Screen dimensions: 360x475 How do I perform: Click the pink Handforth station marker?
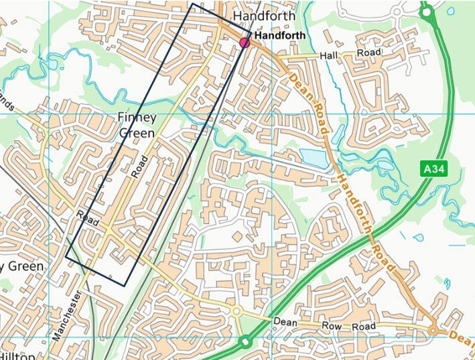click(245, 43)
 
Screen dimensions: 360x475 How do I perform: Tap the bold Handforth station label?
click(280, 36)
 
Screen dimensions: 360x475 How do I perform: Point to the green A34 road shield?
click(434, 169)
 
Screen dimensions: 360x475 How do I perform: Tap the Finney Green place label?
click(137, 125)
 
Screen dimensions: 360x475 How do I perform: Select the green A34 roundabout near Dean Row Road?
click(245, 341)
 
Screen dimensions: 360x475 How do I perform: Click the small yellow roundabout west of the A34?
click(236, 311)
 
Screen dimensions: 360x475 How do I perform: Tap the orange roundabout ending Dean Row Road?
click(433, 331)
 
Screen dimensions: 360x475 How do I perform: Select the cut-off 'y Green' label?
click(21, 266)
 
